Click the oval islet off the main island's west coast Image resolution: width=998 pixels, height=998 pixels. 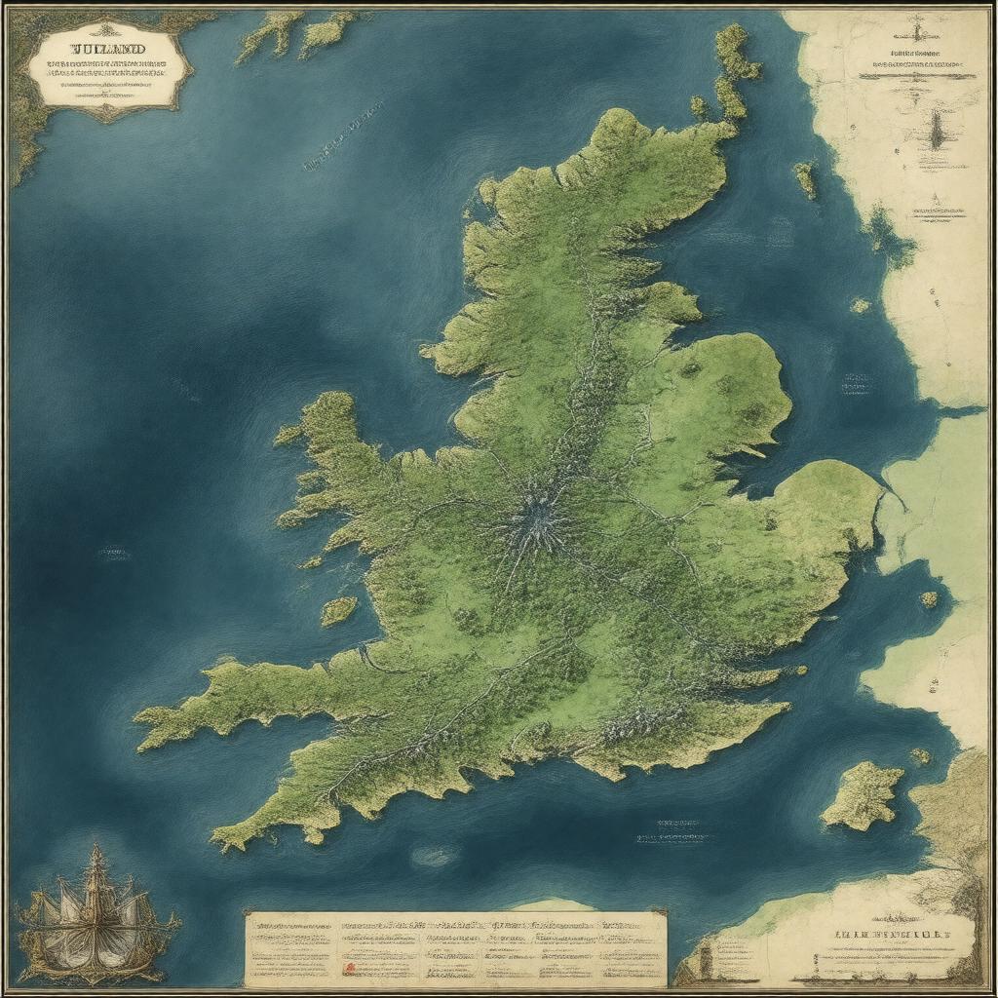338,611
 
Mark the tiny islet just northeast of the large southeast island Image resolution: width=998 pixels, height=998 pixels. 920,755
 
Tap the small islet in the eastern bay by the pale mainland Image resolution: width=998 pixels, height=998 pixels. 930,599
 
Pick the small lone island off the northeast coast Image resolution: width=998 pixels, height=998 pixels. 805,178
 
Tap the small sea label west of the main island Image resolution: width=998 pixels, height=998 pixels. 114,554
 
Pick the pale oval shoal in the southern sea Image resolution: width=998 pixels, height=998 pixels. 436,856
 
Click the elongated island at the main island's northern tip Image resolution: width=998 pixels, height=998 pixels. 734,68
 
